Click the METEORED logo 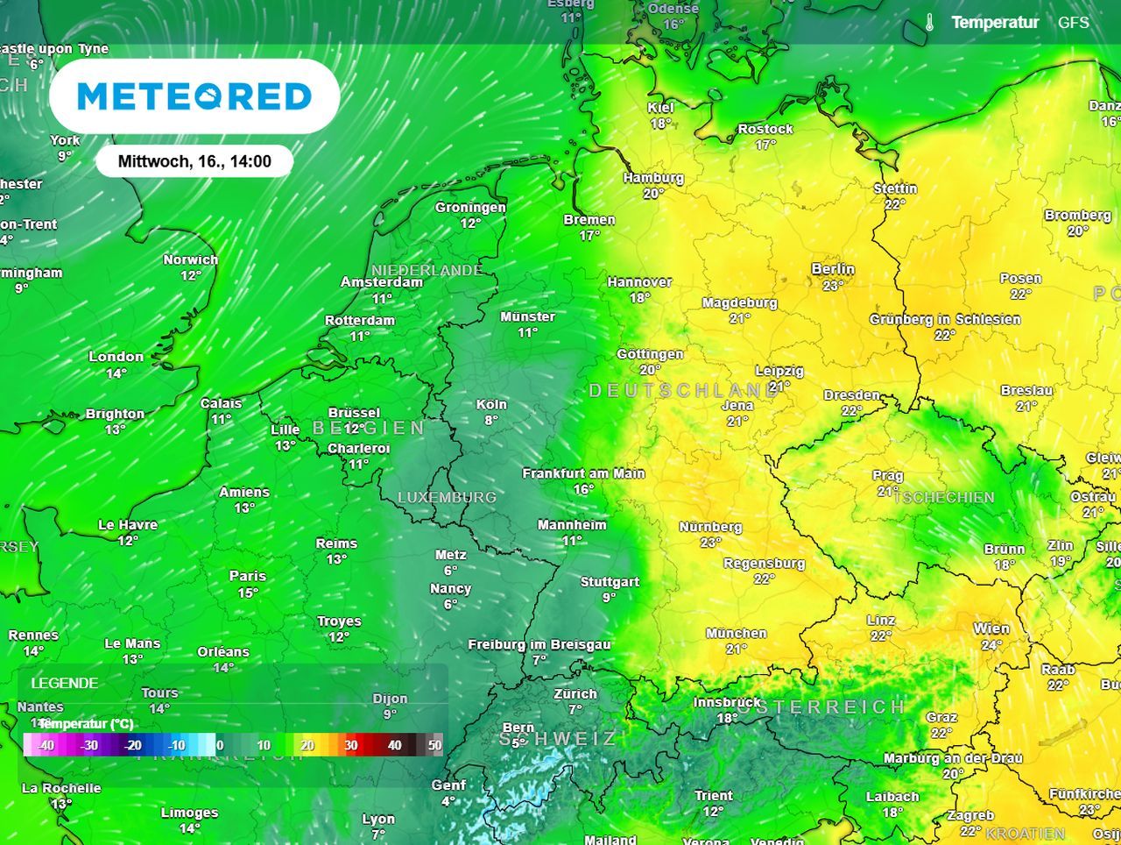tap(194, 96)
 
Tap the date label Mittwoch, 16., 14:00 tap(194, 161)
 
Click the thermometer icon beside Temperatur tap(929, 23)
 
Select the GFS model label tap(1074, 23)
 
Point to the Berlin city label tap(833, 269)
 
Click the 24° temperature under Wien tap(991, 645)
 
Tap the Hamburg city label tap(653, 178)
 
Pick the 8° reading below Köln tap(491, 421)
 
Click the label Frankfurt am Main tap(583, 473)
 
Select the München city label tap(737, 633)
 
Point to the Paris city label tap(248, 576)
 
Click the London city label tap(116, 357)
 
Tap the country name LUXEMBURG tap(447, 497)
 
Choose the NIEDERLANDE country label tap(427, 270)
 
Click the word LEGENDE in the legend tap(65, 683)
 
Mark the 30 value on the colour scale tap(350, 745)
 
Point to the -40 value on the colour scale tap(46, 745)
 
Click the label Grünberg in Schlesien tap(945, 319)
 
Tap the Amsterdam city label tap(382, 282)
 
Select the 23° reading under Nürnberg tap(710, 543)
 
